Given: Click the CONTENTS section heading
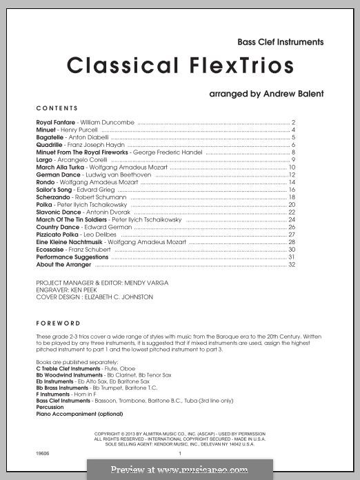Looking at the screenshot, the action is pos(57,108).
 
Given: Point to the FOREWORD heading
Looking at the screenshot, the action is pos(59,323).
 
